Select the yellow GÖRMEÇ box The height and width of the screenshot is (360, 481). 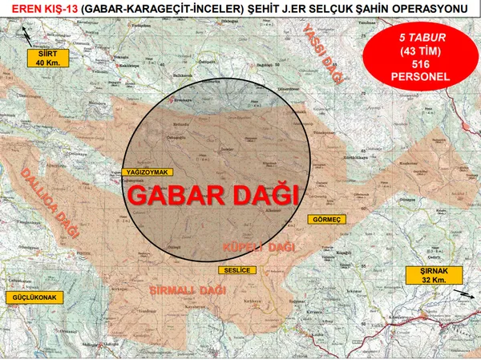tap(329, 219)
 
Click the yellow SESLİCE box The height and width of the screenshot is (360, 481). tap(236, 270)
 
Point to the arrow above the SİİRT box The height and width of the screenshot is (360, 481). tap(30, 36)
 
